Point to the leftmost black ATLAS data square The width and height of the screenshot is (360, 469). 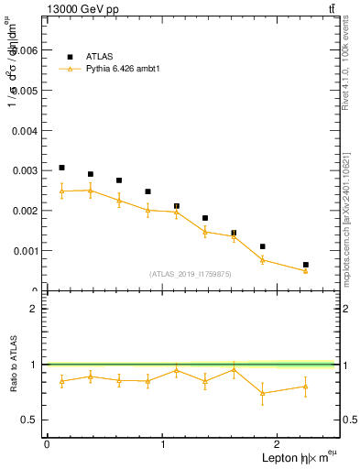click(x=61, y=168)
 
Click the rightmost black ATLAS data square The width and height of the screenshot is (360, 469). click(x=306, y=265)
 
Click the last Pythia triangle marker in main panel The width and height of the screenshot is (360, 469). click(x=306, y=270)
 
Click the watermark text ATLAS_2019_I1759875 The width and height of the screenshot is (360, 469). click(x=191, y=274)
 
